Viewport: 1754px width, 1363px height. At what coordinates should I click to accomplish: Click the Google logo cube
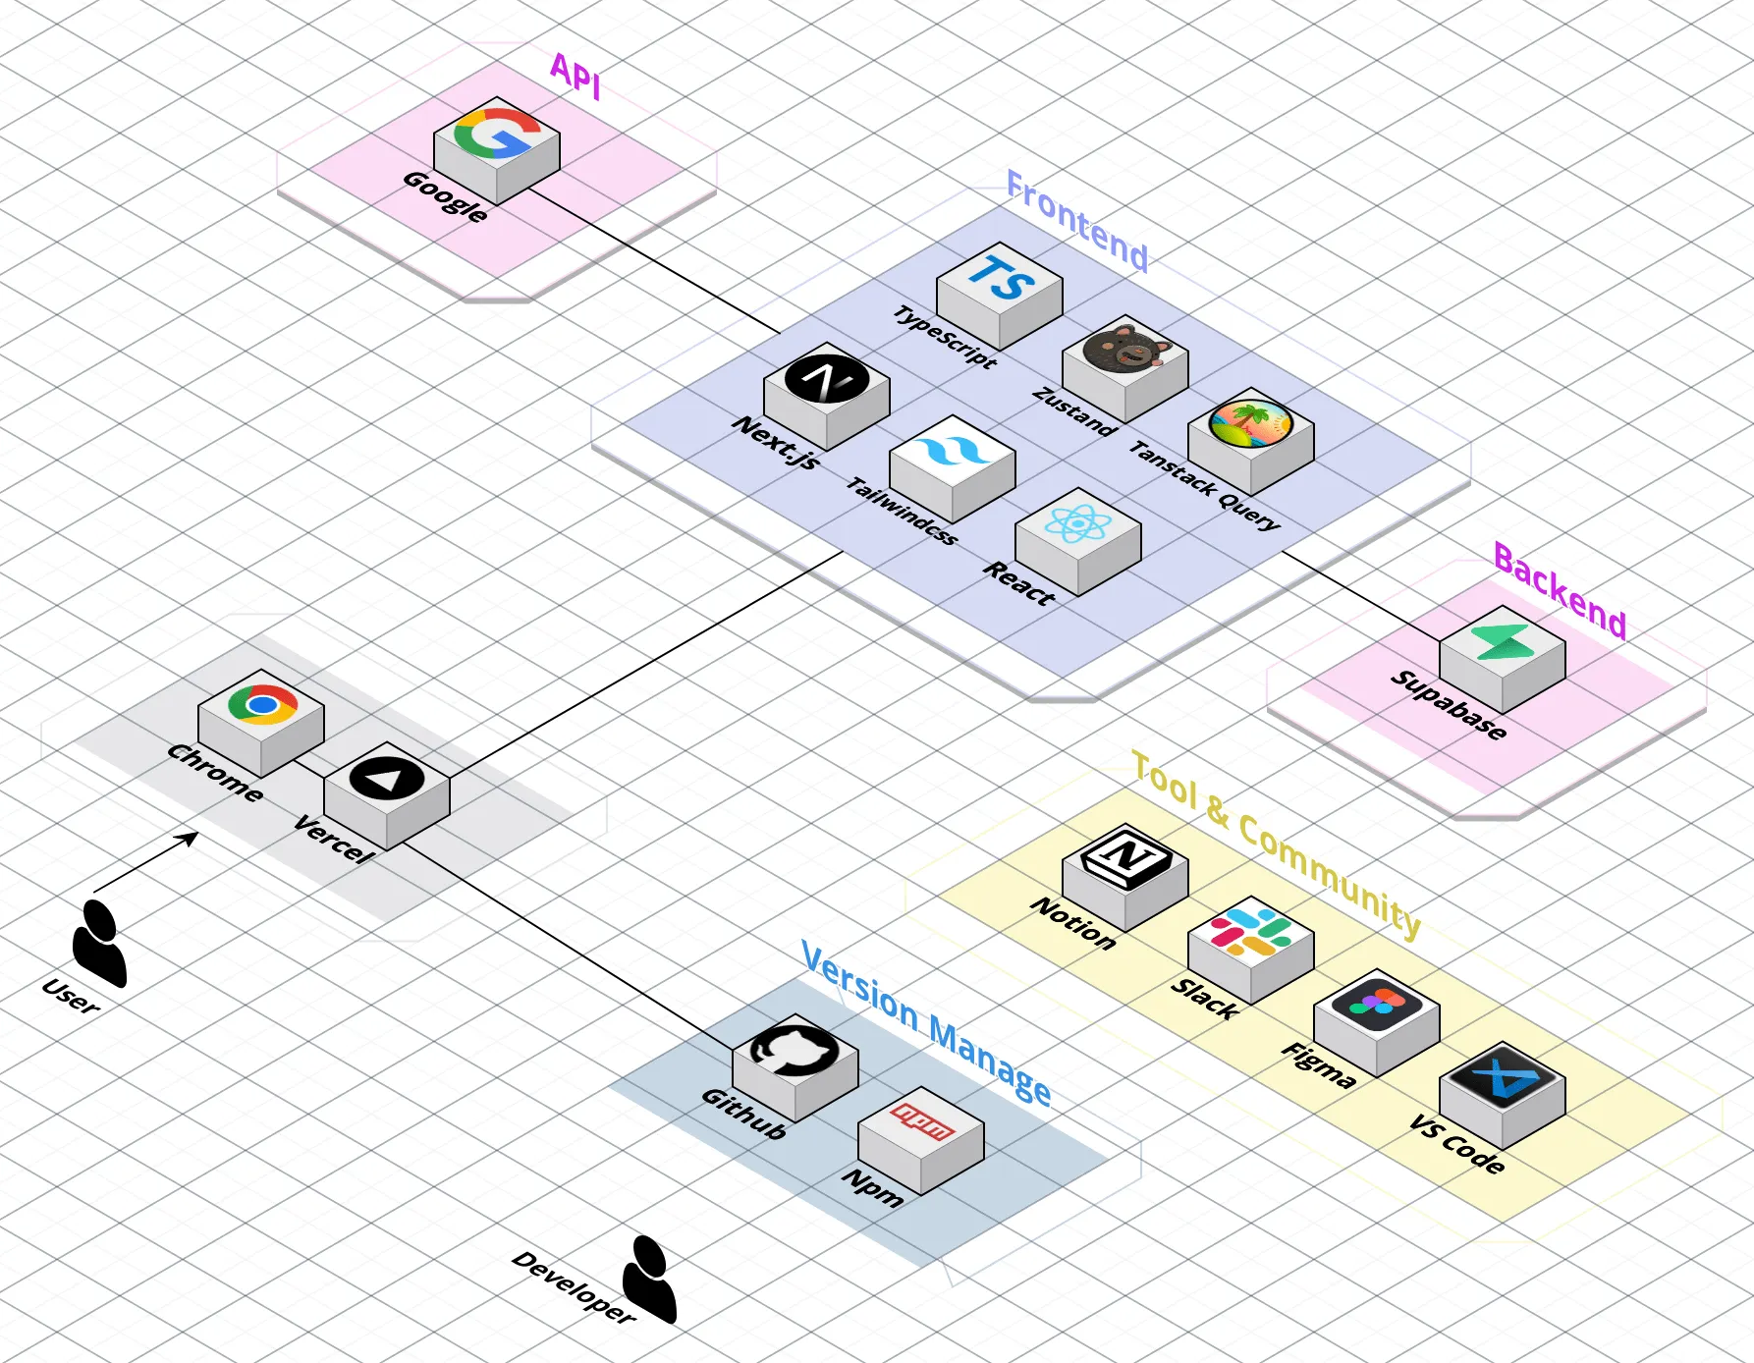[x=497, y=136]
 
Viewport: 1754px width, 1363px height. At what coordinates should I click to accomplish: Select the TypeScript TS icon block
[x=1000, y=280]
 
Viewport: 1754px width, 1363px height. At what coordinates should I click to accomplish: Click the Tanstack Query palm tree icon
[x=1250, y=423]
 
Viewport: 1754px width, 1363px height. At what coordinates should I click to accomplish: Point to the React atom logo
[x=1077, y=524]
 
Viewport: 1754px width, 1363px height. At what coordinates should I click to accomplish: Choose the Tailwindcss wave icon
[x=952, y=453]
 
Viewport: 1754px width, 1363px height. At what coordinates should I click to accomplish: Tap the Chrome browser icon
[x=261, y=705]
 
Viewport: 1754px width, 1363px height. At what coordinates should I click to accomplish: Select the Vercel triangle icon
[x=387, y=779]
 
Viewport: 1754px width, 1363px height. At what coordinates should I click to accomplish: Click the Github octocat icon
[x=795, y=1052]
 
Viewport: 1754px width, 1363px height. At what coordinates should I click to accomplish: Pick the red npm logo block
[x=920, y=1122]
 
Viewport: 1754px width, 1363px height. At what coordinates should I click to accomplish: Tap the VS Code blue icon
[x=1502, y=1078]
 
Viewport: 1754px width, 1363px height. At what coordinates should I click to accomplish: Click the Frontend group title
[x=1077, y=222]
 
